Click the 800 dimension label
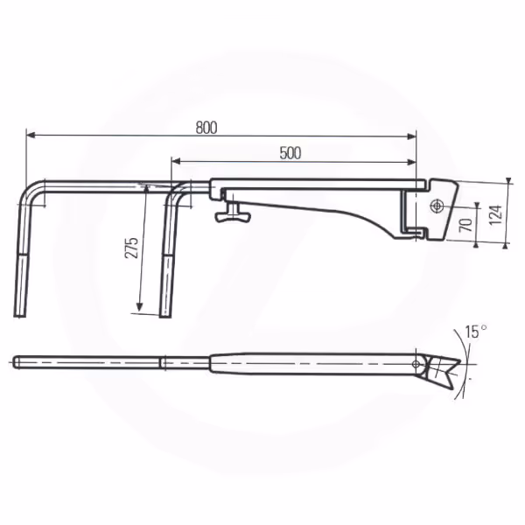tap(206, 128)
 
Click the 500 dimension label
tap(290, 153)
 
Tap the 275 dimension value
tap(131, 248)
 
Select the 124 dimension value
tap(496, 214)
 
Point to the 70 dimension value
tap(465, 224)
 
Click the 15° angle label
tap(476, 332)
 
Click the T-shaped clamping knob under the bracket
tap(233, 214)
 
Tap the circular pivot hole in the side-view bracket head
tap(437, 206)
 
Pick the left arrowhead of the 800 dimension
tap(31, 135)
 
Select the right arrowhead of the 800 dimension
tap(411, 136)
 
